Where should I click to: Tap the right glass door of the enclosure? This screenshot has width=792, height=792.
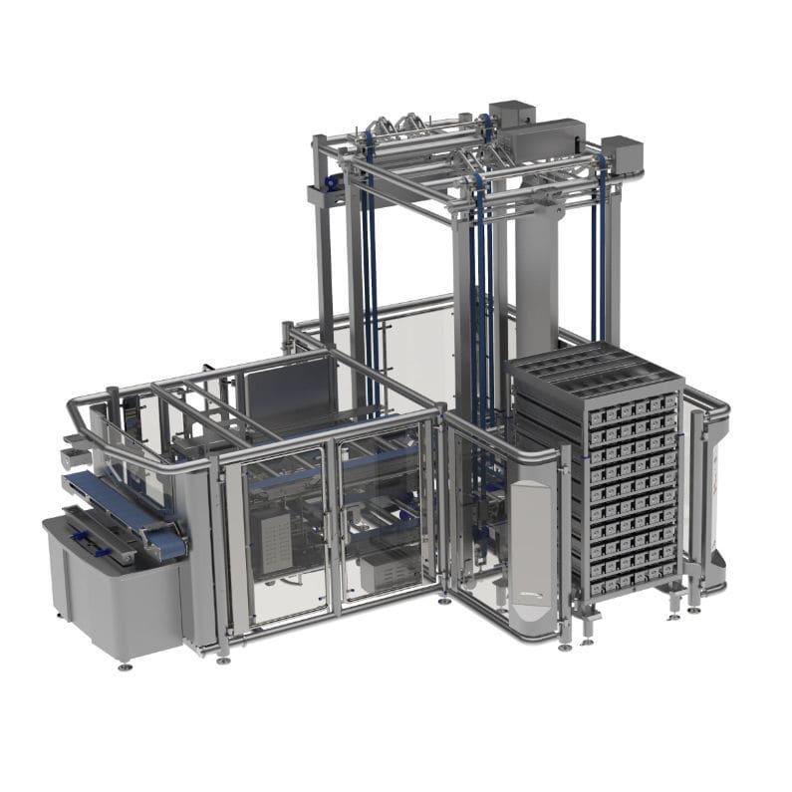[384, 523]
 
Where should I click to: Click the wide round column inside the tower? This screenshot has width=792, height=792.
[537, 269]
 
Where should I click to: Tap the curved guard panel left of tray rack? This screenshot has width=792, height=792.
[527, 558]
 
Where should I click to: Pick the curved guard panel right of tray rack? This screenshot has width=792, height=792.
[711, 498]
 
